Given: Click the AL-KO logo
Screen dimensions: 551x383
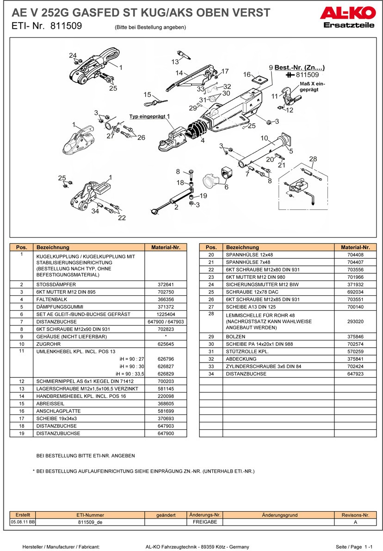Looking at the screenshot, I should click(347, 13).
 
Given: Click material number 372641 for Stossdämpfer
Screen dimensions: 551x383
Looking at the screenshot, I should click(166, 284).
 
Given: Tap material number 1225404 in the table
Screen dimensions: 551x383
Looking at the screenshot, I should click(166, 314).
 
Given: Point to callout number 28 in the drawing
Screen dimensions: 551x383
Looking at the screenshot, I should click(313, 159).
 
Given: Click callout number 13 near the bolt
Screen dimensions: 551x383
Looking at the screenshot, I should click(175, 62).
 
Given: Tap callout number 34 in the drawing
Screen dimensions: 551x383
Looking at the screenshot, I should click(95, 211).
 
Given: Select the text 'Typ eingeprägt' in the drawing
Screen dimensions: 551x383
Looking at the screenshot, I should click(147, 117).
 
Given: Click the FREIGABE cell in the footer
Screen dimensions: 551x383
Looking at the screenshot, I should click(205, 522).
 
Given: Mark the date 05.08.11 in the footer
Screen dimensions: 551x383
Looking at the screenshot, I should click(23, 522).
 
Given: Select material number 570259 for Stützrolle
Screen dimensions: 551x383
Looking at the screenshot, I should click(355, 351).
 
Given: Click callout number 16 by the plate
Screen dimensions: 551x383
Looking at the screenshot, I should click(247, 75).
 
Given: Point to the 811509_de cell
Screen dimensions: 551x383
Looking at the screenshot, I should click(90, 522).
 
